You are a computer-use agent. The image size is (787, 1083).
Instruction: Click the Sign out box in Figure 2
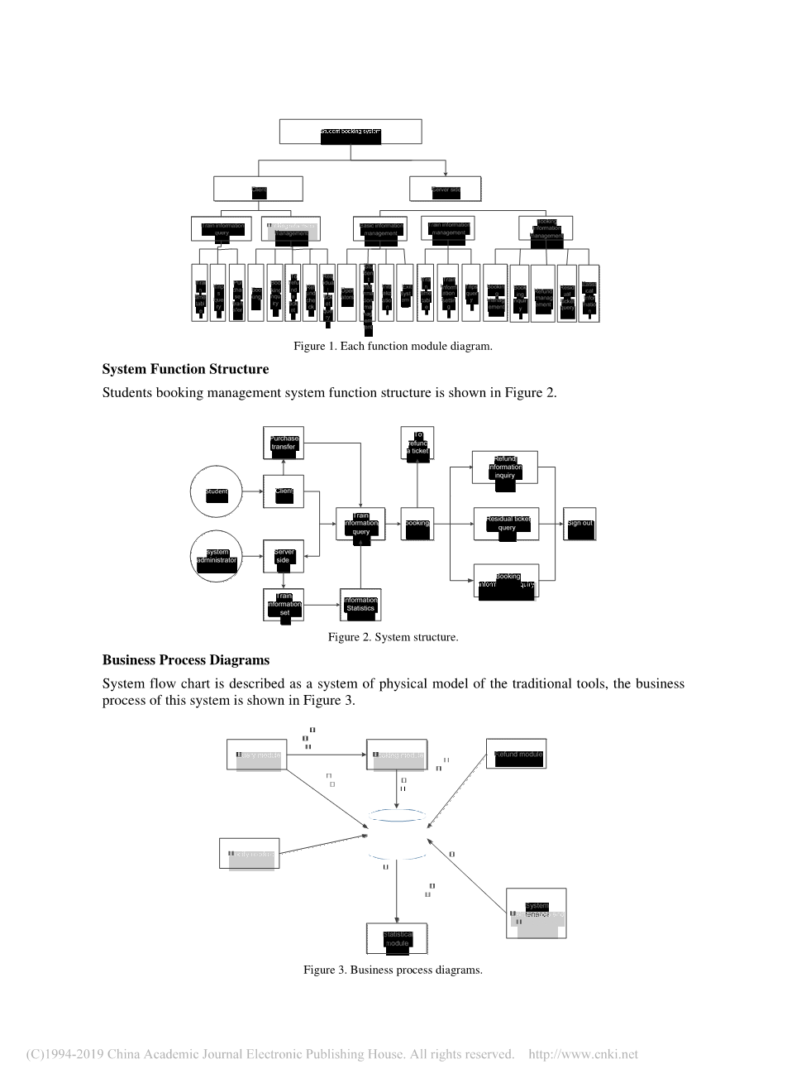point(580,525)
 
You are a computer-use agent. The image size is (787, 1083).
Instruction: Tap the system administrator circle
point(216,556)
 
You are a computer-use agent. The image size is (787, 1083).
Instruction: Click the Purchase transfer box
point(284,443)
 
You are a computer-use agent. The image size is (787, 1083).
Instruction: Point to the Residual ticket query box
point(506,525)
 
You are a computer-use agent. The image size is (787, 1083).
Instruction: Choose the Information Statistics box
point(360,605)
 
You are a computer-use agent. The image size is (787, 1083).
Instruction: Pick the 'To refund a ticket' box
point(417,443)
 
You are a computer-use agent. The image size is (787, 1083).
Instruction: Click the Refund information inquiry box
point(504,467)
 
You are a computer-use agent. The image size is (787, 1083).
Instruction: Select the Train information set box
point(284,605)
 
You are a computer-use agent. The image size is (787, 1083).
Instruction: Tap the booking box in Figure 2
point(417,525)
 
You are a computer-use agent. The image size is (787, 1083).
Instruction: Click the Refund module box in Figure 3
point(516,755)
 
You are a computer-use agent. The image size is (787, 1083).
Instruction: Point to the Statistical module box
point(397,939)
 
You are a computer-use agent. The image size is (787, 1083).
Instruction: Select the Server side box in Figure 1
point(446,189)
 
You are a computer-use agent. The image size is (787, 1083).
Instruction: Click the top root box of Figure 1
point(351,132)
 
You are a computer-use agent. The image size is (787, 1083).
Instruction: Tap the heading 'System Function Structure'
point(185,369)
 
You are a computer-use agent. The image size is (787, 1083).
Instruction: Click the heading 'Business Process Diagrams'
point(186,660)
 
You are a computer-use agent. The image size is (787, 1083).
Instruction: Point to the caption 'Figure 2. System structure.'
point(393,637)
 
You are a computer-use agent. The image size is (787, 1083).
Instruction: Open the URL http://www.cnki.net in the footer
point(583,1055)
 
